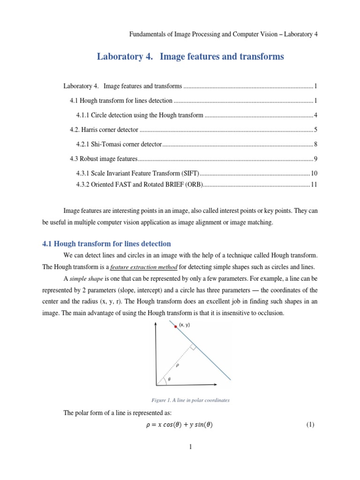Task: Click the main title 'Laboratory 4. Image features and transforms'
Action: [190, 57]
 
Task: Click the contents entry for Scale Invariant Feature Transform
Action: [138, 173]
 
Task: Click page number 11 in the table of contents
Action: [314, 185]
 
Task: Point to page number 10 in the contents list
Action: [314, 173]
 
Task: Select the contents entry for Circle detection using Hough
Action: [140, 115]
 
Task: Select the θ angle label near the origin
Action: [169, 379]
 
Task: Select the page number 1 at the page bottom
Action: [191, 447]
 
